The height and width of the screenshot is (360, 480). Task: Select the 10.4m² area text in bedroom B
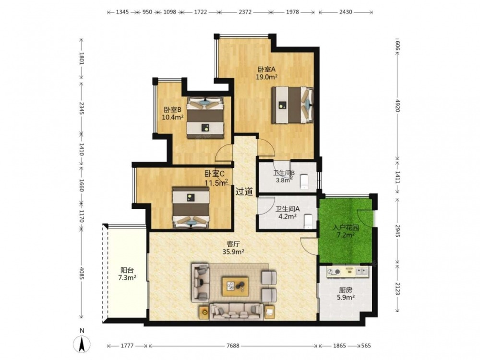[173, 117]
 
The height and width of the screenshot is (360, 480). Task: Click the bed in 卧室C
[191, 207]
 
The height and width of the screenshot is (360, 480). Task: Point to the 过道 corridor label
[244, 192]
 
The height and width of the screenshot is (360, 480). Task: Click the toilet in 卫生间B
[304, 181]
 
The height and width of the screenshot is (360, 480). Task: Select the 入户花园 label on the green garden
[346, 228]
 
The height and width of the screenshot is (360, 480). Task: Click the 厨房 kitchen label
[345, 289]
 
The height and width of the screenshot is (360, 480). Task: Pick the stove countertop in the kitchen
[348, 272]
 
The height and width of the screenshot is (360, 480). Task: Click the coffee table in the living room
[235, 286]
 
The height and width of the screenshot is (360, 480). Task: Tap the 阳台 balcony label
[127, 270]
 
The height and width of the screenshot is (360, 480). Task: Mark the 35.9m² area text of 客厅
[233, 252]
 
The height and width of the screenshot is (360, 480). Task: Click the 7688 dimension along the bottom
[233, 346]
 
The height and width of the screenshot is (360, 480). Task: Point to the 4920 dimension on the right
[397, 105]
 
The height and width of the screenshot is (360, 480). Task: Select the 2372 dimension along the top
[245, 12]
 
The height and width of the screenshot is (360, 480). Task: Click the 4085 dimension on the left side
[82, 273]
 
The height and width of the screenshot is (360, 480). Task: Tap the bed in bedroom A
[293, 105]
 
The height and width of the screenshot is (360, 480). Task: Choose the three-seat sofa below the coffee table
[236, 312]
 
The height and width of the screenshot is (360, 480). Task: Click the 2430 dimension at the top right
[346, 12]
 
